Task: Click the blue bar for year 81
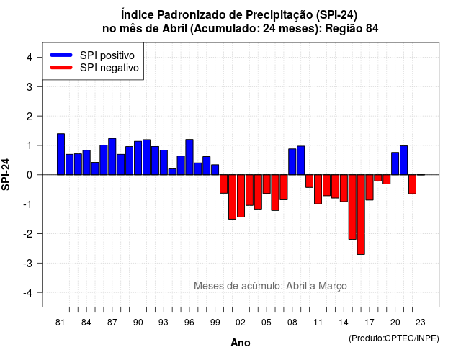tap(61, 154)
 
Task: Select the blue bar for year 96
tap(189, 157)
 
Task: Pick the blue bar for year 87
tap(112, 157)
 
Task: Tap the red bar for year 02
tap(241, 196)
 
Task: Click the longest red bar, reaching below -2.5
tap(361, 215)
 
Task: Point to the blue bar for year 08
tap(292, 161)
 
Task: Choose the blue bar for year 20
tap(395, 163)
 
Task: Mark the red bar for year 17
tap(370, 187)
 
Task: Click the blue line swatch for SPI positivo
tap(61, 55)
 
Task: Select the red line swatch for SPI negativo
tap(61, 68)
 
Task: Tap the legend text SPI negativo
tap(109, 68)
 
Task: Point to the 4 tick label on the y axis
tap(30, 58)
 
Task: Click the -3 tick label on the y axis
tap(28, 263)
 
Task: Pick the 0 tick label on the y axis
tap(30, 175)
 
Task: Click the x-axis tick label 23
tap(421, 323)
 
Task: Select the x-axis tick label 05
tap(266, 323)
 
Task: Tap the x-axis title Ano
tap(241, 343)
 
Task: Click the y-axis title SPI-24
tap(6, 174)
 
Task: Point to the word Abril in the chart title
tap(174, 29)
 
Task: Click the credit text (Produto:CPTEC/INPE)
tap(394, 338)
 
